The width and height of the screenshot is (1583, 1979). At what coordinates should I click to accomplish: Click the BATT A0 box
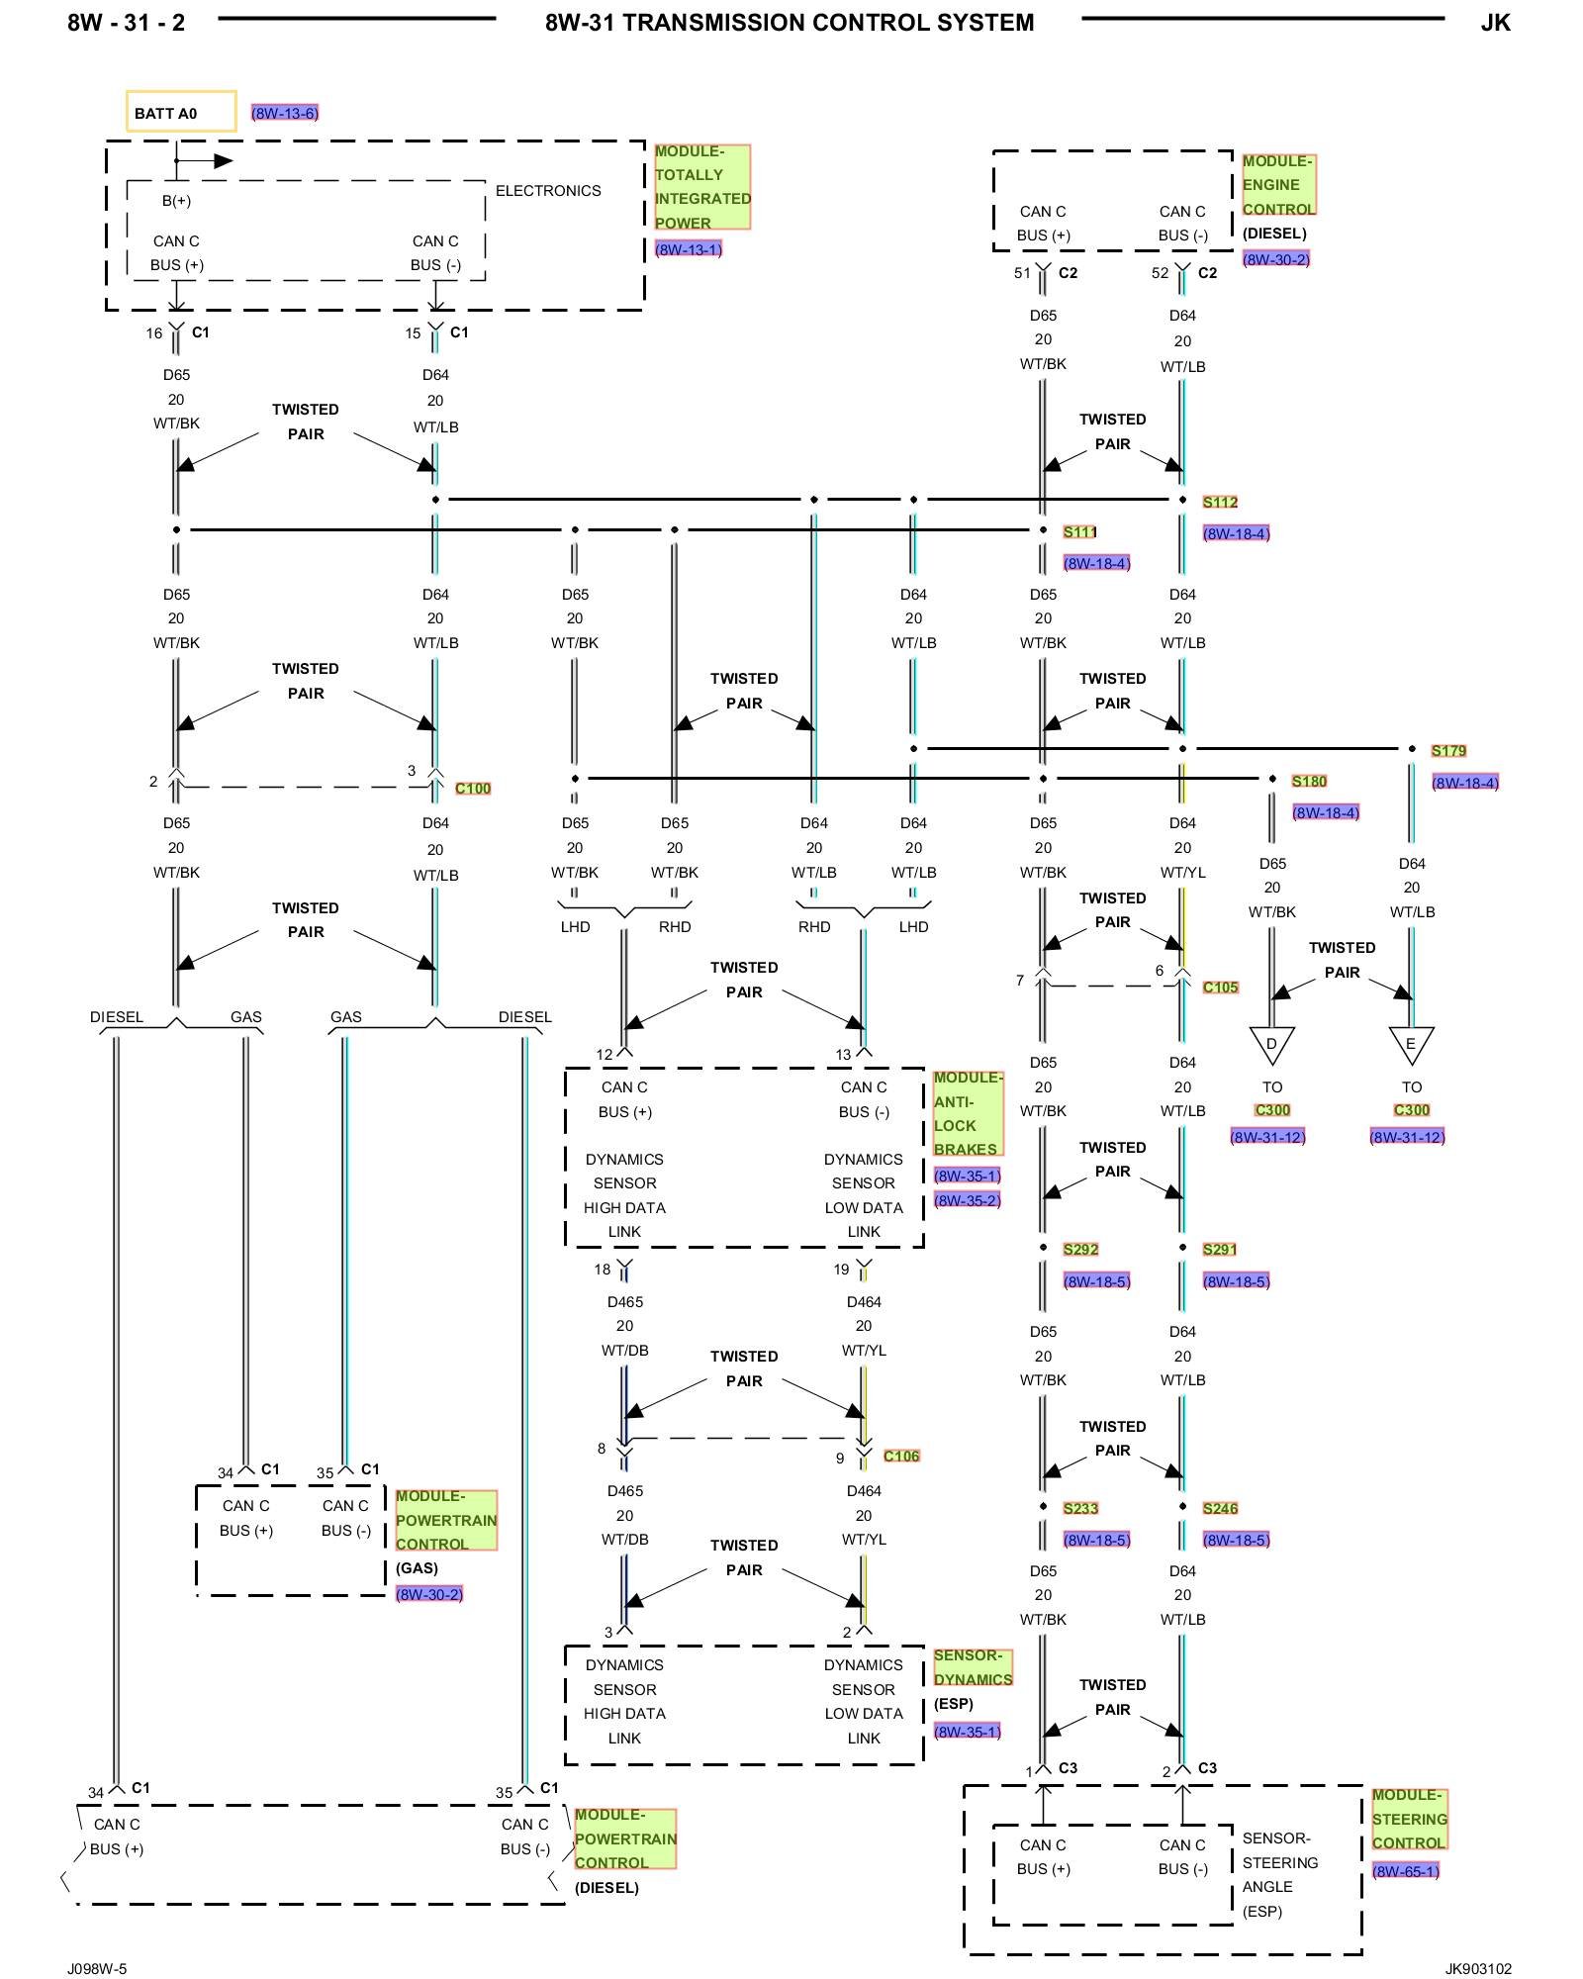pos(180,112)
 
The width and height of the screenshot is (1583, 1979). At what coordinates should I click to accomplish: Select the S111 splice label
pos(1079,531)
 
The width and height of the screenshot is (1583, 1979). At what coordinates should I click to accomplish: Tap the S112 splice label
pos(1220,502)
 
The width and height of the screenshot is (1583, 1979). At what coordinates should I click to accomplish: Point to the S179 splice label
pos(1448,751)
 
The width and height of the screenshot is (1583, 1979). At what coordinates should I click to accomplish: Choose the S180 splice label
pos(1309,781)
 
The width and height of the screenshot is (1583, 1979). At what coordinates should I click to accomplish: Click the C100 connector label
pos(473,789)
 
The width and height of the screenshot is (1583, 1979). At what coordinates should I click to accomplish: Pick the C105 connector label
pos(1220,987)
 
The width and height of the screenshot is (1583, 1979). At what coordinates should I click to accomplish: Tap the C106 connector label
pos(901,1456)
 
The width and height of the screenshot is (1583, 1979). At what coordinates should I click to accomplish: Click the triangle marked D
pos(1272,1044)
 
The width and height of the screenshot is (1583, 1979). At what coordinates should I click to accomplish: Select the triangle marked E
pos(1411,1044)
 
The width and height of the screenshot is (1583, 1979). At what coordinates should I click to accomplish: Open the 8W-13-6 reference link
pos(285,113)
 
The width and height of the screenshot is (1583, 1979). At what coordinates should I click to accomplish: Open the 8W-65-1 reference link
pos(1405,1870)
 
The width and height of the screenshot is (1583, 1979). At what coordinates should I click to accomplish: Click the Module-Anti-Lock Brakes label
pos(968,1113)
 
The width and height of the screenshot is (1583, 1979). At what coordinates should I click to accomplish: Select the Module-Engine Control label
pos(1278,185)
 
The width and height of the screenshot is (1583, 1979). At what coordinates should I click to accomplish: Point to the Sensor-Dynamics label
pos(973,1667)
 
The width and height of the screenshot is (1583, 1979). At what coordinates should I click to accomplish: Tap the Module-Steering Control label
pos(1409,1819)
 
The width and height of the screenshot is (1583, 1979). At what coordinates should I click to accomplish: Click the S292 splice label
pos(1080,1250)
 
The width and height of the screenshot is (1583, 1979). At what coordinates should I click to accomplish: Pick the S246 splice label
pos(1220,1508)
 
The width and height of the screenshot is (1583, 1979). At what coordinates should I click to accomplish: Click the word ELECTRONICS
pos(548,191)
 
